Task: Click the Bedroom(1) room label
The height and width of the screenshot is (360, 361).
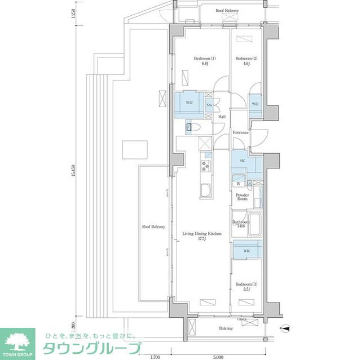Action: (x=202, y=61)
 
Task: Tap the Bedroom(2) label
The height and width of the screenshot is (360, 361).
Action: (x=246, y=61)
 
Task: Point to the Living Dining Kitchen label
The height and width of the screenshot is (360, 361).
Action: (x=201, y=236)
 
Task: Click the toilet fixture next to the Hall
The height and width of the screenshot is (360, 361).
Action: (x=190, y=128)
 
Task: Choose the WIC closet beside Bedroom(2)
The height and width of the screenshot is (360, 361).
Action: (x=255, y=104)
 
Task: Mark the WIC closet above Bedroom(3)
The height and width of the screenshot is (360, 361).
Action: (x=247, y=250)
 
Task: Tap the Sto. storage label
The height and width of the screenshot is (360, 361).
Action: (x=209, y=105)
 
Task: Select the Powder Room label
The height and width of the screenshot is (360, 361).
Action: (x=242, y=197)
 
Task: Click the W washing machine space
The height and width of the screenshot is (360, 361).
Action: (x=239, y=183)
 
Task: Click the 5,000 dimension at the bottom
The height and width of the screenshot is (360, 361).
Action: (x=219, y=356)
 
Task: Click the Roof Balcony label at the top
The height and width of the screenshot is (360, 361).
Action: (x=227, y=11)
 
